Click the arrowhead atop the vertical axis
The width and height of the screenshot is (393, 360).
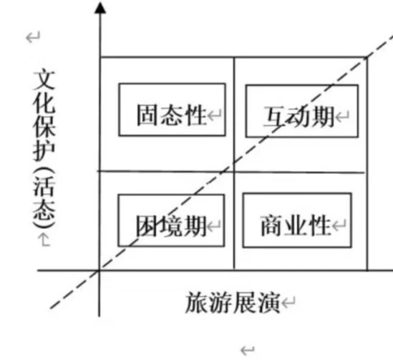pyautogui.click(x=100, y=8)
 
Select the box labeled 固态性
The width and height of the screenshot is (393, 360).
pyautogui.click(x=172, y=84)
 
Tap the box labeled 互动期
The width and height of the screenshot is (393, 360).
pyautogui.click(x=302, y=85)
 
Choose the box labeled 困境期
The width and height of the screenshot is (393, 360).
pyautogui.click(x=171, y=195)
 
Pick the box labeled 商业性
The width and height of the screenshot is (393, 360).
pyautogui.click(x=297, y=193)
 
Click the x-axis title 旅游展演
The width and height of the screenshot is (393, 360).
pyautogui.click(x=233, y=302)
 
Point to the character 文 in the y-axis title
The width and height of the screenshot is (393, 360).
pyautogui.click(x=44, y=80)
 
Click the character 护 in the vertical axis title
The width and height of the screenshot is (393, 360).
pyautogui.click(x=44, y=150)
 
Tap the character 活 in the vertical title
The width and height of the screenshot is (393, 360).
pyautogui.click(x=44, y=187)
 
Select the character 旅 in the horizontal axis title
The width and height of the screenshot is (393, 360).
pyautogui.click(x=197, y=302)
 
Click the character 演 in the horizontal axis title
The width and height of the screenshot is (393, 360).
pyautogui.click(x=268, y=303)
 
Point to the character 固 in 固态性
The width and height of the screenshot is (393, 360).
pyautogui.click(x=147, y=115)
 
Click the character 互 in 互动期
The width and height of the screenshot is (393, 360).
pyautogui.click(x=275, y=117)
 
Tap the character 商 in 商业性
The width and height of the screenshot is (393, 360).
pyautogui.click(x=272, y=225)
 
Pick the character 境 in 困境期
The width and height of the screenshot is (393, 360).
pyautogui.click(x=171, y=226)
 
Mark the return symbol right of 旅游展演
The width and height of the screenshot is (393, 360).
pyautogui.click(x=288, y=302)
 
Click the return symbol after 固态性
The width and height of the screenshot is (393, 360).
pyautogui.click(x=215, y=115)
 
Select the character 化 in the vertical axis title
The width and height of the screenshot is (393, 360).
pyautogui.click(x=44, y=104)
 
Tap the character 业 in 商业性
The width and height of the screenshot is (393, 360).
pyautogui.click(x=296, y=225)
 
